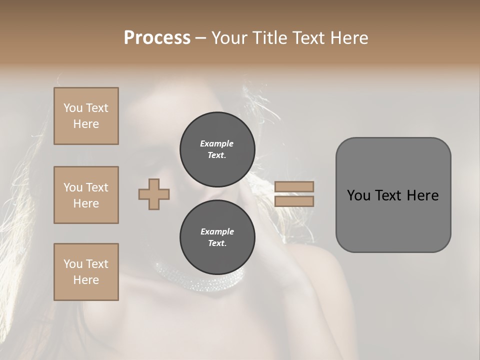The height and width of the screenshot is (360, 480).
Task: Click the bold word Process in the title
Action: point(157,37)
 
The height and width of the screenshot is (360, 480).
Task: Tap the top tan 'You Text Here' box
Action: point(86,116)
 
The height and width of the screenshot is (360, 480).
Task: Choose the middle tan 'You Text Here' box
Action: point(86,195)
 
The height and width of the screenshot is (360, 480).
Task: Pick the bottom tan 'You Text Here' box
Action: point(86,272)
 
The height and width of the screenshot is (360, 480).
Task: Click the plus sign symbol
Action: point(154,194)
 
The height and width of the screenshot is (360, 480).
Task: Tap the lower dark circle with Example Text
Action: point(217,237)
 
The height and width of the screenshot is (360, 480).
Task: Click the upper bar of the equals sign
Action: point(294,186)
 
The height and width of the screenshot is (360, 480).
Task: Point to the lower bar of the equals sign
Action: point(294,201)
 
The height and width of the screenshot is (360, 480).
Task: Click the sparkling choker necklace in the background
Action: point(200,278)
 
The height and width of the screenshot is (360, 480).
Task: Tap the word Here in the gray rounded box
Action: point(422,195)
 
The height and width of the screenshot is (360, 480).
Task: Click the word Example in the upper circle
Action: point(217,143)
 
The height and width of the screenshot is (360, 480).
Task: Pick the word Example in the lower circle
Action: point(217,231)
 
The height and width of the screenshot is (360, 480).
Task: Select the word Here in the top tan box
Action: point(86,124)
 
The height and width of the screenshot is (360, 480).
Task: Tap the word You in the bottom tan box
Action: point(73,264)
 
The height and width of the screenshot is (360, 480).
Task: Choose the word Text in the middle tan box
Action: point(97,187)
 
